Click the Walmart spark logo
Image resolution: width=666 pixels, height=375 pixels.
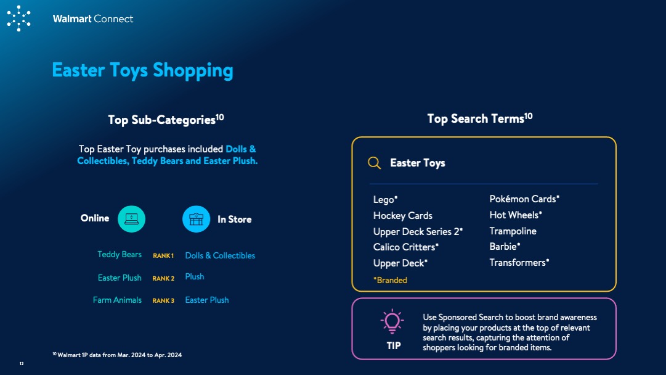click(18, 19)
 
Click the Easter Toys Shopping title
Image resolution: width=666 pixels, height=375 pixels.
click(142, 70)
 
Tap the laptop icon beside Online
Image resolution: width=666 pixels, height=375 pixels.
click(131, 219)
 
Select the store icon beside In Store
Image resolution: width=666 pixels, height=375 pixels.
click(197, 219)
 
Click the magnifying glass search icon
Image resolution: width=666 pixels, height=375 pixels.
click(374, 163)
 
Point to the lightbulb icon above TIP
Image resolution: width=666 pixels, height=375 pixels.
click(392, 321)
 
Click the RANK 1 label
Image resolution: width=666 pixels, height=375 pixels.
click(163, 255)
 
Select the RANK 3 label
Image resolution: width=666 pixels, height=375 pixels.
click(163, 300)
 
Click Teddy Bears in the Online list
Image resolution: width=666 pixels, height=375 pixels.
click(120, 254)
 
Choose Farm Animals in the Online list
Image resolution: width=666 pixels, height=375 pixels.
click(117, 300)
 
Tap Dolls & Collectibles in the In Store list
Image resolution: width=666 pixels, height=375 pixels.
click(220, 255)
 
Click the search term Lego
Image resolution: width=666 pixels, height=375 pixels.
click(385, 199)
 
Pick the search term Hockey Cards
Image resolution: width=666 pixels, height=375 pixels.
click(403, 215)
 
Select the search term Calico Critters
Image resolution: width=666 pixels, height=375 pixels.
click(405, 247)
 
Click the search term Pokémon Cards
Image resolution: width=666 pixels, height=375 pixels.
click(524, 199)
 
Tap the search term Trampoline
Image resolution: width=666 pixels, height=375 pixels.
click(513, 231)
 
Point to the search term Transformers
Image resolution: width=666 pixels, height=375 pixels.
click(519, 262)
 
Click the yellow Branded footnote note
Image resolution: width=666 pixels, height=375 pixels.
click(390, 280)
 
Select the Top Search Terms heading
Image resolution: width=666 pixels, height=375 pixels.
click(479, 118)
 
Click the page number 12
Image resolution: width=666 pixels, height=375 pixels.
click(22, 363)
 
